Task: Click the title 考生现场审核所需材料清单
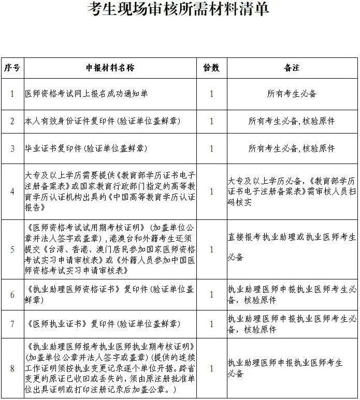pos(179,10)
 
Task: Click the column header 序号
pos(12,68)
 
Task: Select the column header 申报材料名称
pos(110,68)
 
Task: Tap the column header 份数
pos(211,68)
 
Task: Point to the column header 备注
pos(292,68)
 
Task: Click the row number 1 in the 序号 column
pos(12,94)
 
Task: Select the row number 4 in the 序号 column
pos(12,191)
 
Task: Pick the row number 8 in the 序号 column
pos(12,368)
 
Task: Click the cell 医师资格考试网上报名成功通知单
pos(87,94)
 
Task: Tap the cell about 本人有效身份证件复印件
pos(103,121)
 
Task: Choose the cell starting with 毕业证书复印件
pos(86,149)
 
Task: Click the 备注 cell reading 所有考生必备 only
pos(292,94)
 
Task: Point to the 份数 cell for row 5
pos(211,249)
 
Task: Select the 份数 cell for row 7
pos(211,324)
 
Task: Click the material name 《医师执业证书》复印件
pos(103,324)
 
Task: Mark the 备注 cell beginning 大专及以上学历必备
pos(292,191)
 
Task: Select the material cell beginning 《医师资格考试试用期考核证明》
pos(110,249)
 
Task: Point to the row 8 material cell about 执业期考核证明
pos(110,368)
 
